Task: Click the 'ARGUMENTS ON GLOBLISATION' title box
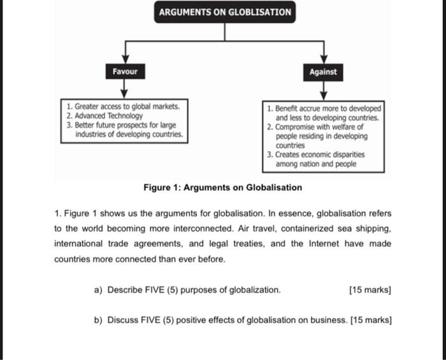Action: [225, 12]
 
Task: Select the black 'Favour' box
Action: [125, 71]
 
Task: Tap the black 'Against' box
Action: [323, 72]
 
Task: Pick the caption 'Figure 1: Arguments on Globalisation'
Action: [223, 187]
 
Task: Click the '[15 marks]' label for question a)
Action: [370, 290]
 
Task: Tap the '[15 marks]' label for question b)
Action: [371, 320]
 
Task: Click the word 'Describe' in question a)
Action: [126, 290]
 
